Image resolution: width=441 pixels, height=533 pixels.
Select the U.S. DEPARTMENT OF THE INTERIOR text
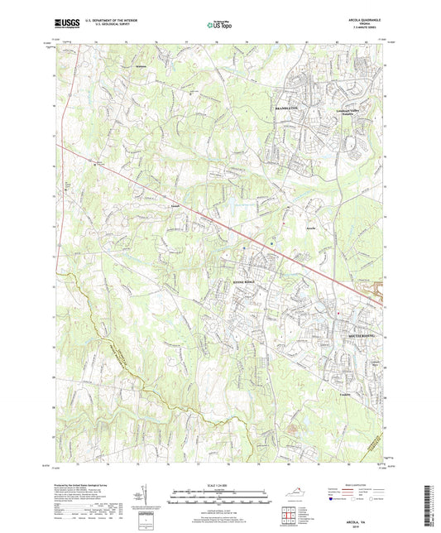point(103,22)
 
